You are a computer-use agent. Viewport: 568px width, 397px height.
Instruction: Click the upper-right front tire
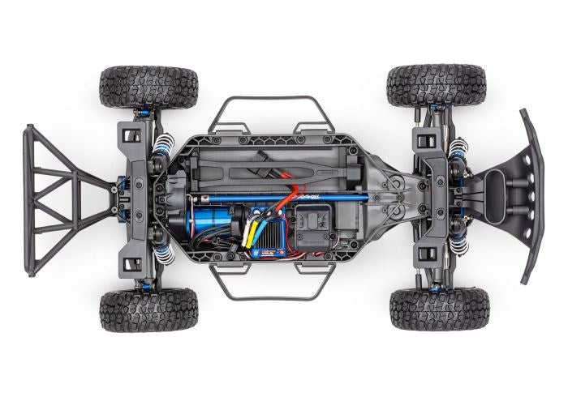point(436,84)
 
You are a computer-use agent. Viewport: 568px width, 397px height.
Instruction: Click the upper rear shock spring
point(160,149)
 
